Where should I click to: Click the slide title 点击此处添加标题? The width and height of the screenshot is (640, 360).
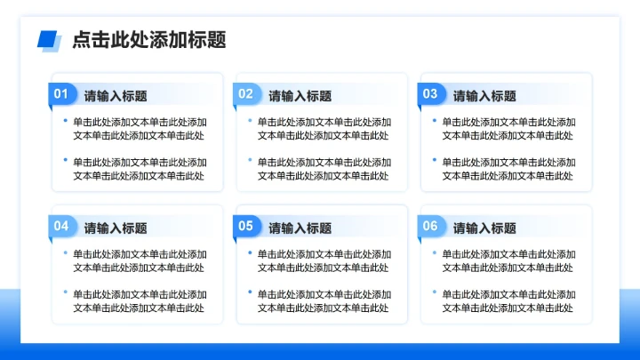click(148, 39)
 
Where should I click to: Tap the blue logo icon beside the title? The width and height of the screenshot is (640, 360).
click(49, 40)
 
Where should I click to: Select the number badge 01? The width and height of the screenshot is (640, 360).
click(61, 94)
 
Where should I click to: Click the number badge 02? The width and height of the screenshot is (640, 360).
click(246, 94)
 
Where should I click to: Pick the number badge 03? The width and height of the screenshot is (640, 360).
click(430, 94)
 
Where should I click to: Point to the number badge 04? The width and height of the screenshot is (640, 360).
click(61, 227)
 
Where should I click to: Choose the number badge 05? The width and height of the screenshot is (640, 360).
click(246, 227)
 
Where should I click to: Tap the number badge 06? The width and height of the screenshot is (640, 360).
click(430, 227)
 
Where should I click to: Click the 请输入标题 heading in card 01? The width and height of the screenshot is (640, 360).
click(116, 96)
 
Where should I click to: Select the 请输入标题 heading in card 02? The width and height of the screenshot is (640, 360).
click(300, 96)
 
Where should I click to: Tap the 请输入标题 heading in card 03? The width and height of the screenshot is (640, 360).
click(484, 96)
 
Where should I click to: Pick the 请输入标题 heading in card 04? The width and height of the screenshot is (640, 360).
click(116, 228)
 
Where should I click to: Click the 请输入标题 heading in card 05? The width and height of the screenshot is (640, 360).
click(300, 228)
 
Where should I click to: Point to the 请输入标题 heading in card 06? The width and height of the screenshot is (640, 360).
click(484, 228)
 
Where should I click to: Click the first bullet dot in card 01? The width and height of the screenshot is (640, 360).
click(65, 120)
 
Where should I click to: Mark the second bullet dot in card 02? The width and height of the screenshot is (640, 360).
click(250, 160)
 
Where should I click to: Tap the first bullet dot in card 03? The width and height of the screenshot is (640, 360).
click(435, 120)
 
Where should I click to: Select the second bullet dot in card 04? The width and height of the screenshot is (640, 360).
click(65, 292)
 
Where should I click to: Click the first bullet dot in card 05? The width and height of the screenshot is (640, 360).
click(250, 252)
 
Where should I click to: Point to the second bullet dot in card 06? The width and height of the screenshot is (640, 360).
click(435, 292)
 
